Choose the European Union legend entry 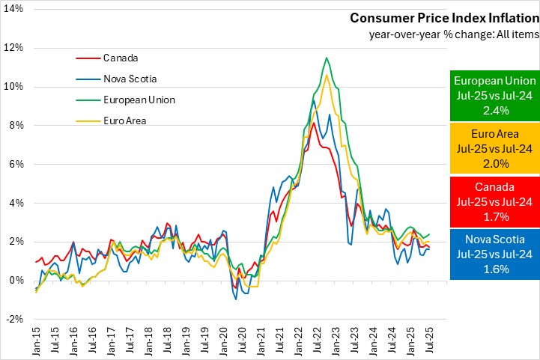tap(138, 99)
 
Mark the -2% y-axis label tap(13, 319)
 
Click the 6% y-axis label tap(15, 164)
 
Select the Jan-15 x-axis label tap(35, 339)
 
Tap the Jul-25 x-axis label tap(430, 339)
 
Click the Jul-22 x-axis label tap(318, 339)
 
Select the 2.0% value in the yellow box tap(493, 162)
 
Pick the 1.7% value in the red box tap(493, 216)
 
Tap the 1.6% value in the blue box tap(493, 269)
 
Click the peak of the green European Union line tap(327, 58)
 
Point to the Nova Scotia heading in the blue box tap(493, 240)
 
